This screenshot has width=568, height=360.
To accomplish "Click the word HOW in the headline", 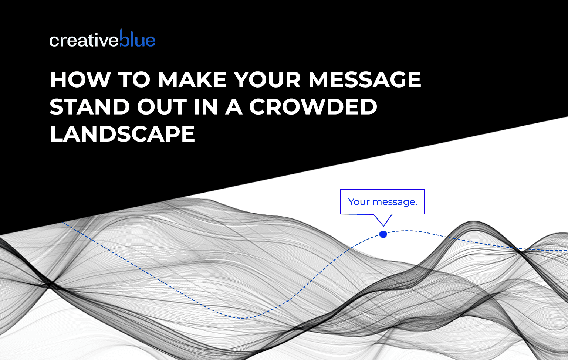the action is (80, 79).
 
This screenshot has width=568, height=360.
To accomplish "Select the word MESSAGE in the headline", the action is (365, 79).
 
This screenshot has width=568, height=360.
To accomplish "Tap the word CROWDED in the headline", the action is (314, 107).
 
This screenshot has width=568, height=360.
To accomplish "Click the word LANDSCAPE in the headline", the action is (122, 133).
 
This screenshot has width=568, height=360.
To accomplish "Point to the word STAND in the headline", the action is (90, 107).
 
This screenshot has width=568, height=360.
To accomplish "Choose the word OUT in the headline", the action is (162, 107).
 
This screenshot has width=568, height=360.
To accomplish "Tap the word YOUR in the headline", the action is (267, 79).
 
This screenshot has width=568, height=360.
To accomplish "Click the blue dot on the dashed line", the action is (383, 234).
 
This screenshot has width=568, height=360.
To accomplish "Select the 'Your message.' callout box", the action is (382, 202).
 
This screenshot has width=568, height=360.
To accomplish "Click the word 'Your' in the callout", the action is (359, 202).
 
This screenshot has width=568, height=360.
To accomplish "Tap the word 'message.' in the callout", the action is (395, 202).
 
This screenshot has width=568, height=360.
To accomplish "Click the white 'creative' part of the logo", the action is (84, 41).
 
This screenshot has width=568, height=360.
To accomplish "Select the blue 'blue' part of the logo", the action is (137, 38).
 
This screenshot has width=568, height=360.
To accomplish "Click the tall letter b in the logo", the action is (124, 38).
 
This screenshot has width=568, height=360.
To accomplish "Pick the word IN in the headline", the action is (206, 107).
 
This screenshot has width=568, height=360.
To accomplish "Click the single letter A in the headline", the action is (234, 107).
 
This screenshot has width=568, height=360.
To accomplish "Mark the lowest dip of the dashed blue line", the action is (243, 318).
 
